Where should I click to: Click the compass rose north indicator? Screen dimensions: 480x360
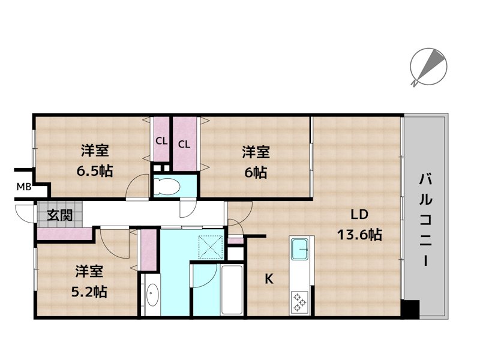coord(428,67)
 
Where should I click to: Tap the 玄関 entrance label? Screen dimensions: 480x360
coord(59,215)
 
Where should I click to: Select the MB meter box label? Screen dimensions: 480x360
coord(24,187)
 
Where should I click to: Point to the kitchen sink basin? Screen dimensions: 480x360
coord(299,249)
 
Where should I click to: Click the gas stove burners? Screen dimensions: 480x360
coord(299,302)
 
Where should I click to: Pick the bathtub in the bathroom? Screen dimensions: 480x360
coord(232,290)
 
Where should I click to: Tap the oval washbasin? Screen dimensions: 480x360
coord(152,294)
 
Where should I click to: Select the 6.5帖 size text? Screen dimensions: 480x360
coord(95,171)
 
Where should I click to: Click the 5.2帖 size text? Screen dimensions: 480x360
coord(89,292)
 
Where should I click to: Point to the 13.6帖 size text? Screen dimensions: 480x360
coord(359,235)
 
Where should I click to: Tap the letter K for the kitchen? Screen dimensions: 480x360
coord(269,279)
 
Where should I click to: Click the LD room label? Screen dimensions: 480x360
coord(359,215)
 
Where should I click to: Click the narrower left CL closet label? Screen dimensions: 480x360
coord(161,141)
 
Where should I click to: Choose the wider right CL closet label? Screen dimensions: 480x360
coord(184,144)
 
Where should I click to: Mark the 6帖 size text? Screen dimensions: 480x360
coord(256,173)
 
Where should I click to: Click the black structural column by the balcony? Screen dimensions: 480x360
coord(410,309)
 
